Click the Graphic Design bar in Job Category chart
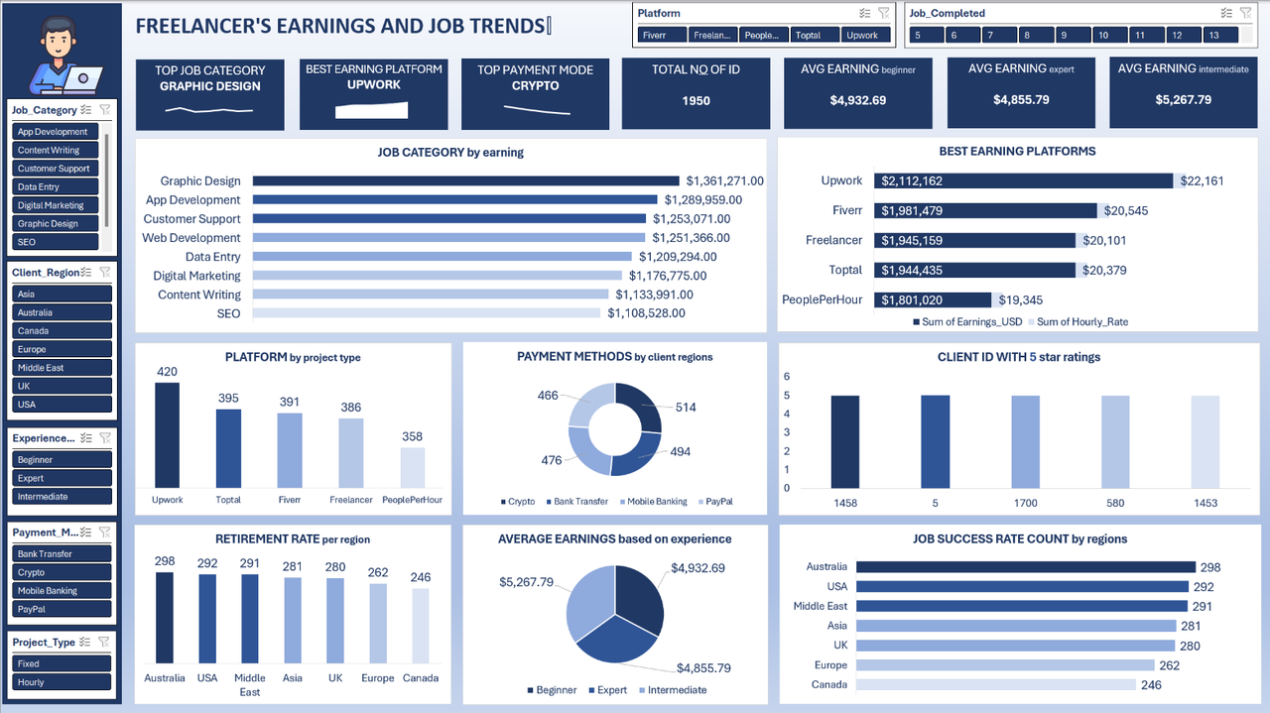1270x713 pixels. coord(466,181)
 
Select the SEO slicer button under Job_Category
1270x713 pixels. coord(56,242)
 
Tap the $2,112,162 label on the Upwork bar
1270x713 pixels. coord(909,181)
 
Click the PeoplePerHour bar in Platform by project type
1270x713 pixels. coord(413,466)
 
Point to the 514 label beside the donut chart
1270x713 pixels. coord(686,408)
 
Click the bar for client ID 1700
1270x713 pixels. coord(1025,441)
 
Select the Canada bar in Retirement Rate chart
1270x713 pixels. coord(421,625)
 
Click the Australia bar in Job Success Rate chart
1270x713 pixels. coord(1025,567)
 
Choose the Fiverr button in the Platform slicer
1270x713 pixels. coord(662,35)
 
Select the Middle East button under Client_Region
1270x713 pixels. coord(62,368)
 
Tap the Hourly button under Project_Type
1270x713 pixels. coord(62,682)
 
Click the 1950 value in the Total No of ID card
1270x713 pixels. coord(696,100)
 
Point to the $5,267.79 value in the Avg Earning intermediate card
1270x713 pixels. coord(1183,100)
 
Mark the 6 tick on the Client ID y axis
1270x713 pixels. coord(787,377)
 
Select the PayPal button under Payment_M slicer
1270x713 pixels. coord(62,609)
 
